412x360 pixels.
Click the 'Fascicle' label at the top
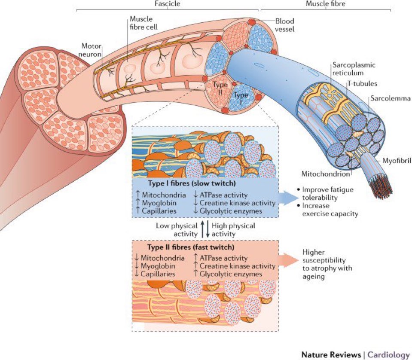[x=168, y=3]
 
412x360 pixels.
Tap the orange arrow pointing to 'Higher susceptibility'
[x=290, y=260]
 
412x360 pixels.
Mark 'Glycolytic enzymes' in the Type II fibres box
[x=230, y=274]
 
